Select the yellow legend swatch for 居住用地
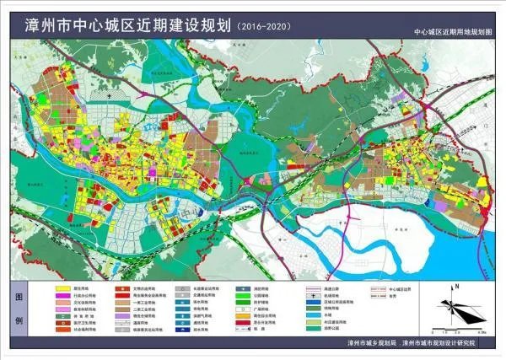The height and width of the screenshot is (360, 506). click(63, 288)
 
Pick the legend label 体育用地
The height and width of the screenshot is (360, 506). click(84, 314)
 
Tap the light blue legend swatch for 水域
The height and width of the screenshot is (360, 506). click(314, 314)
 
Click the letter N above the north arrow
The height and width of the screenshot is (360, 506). click(457, 286)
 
